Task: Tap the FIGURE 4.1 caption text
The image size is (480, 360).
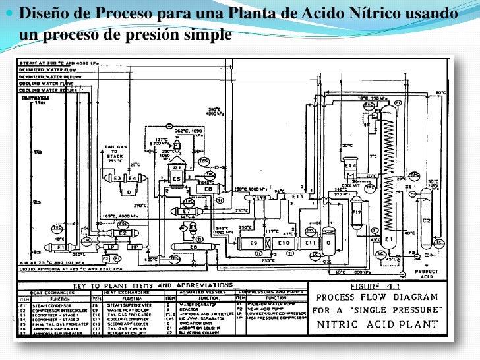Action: [379, 287]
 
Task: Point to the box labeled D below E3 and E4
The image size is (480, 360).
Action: [129, 192]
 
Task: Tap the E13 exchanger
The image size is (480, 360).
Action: [297, 196]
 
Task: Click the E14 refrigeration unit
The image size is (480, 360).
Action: [349, 165]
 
